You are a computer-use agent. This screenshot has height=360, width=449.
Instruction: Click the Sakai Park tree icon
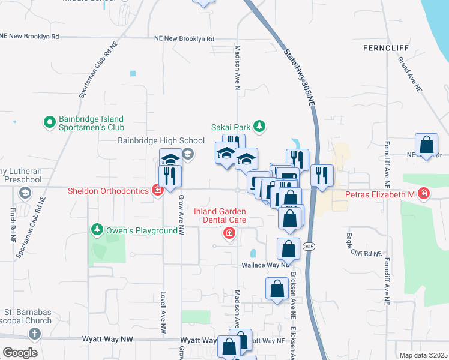[x=259, y=127]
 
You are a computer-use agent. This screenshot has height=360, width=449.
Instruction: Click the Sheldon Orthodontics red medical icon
[x=158, y=191]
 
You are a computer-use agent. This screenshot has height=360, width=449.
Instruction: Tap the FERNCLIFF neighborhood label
[x=385, y=47]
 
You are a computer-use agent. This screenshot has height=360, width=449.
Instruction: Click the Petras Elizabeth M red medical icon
[x=424, y=194]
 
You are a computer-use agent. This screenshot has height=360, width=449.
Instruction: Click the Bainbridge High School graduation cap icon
[x=188, y=154]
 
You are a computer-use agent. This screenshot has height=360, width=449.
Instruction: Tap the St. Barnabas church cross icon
[x=35, y=334]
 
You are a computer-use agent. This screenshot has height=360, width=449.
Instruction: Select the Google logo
[x=20, y=352]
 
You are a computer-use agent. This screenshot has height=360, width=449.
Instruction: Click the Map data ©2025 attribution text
[x=423, y=355]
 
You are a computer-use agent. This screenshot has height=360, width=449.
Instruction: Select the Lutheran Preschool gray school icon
[x=25, y=193]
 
